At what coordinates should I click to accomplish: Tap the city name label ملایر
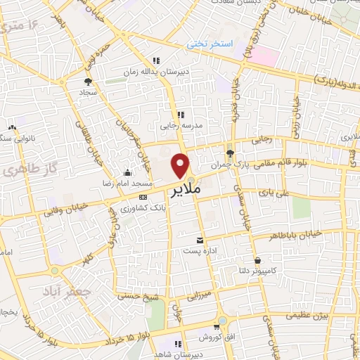(x=185, y=190)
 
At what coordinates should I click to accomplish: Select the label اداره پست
(x=196, y=251)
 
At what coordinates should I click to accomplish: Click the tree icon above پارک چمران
(x=230, y=153)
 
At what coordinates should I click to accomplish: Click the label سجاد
(x=86, y=92)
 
